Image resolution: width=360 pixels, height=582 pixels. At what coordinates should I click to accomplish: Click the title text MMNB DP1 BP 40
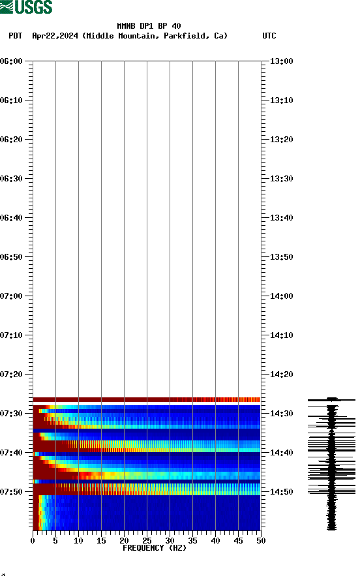click(x=149, y=26)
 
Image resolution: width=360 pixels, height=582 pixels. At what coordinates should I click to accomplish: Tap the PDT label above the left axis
click(x=16, y=36)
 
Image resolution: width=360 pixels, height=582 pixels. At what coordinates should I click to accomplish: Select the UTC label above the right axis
click(x=269, y=36)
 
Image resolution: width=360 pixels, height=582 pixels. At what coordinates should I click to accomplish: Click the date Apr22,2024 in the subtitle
click(x=55, y=36)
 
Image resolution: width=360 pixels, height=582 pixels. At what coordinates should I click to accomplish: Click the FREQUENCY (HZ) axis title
click(x=155, y=548)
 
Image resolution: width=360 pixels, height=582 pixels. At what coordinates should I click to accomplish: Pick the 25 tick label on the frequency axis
click(x=147, y=541)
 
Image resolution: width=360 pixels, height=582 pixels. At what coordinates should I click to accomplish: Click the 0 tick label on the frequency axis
click(x=33, y=541)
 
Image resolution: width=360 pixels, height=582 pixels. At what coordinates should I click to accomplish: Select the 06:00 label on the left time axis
click(x=12, y=61)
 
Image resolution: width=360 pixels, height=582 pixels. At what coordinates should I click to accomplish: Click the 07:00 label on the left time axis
click(x=12, y=296)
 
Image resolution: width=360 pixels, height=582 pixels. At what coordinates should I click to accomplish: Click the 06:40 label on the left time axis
click(x=12, y=218)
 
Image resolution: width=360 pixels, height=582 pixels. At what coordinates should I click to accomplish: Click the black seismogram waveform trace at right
click(x=332, y=463)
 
